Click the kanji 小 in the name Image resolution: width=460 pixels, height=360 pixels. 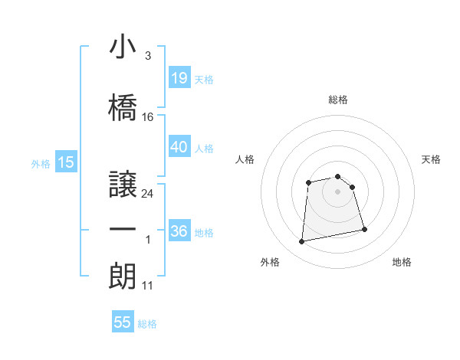[123, 47]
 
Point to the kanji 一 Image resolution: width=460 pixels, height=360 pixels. [123, 229]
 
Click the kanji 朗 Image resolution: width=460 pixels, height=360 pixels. [123, 275]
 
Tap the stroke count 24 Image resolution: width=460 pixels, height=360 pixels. [149, 193]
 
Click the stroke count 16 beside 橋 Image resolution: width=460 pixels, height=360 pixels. [149, 117]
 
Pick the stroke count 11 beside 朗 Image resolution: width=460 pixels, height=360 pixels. [149, 286]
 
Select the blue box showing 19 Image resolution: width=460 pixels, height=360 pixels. [179, 78]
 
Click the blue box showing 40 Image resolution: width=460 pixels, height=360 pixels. [179, 147]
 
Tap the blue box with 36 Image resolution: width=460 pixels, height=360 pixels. [179, 231]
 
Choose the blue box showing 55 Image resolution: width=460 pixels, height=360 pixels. [123, 322]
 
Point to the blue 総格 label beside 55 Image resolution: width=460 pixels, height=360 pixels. [147, 324]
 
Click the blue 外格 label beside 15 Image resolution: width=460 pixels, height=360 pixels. [40, 163]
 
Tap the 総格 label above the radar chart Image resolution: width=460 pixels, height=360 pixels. [338, 100]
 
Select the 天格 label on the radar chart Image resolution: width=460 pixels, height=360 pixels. [432, 159]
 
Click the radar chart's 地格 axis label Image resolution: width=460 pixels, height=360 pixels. [402, 262]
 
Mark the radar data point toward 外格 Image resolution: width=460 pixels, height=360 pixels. [301, 242]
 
